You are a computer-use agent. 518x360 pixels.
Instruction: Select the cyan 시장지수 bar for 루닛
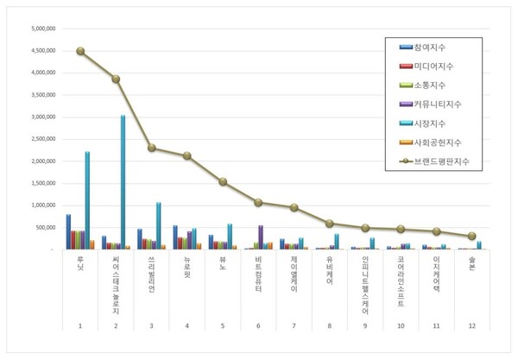pos(87,200)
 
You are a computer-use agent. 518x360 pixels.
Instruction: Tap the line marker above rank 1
pos(80,51)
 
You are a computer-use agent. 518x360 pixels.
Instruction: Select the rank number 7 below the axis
pos(294,327)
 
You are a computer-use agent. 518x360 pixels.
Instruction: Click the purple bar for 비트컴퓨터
pos(261,237)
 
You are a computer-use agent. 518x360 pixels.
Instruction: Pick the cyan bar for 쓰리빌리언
pos(159,225)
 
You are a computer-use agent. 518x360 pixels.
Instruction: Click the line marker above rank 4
pos(187,155)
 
